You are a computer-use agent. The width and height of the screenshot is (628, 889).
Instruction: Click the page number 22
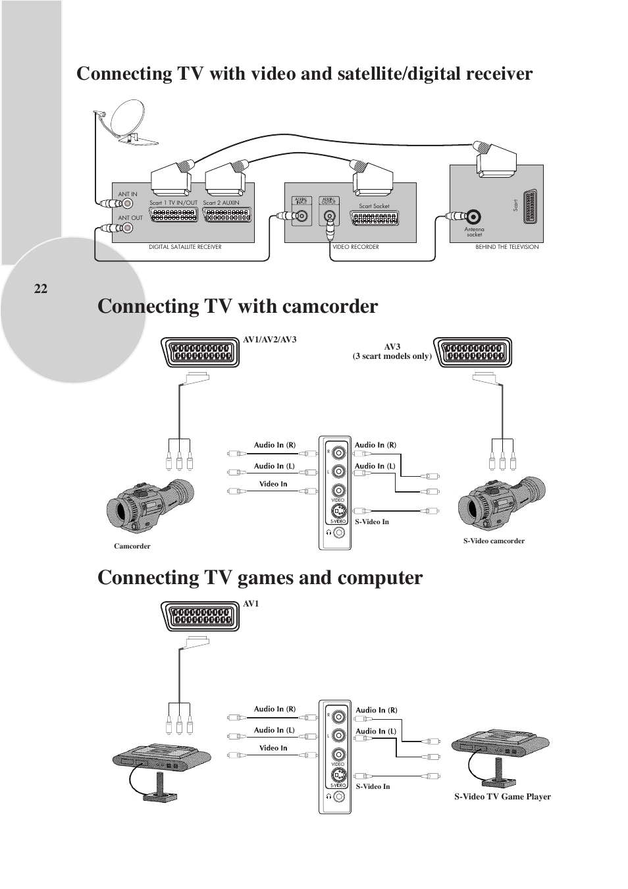tap(41, 288)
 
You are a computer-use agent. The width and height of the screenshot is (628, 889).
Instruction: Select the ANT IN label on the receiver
tap(128, 194)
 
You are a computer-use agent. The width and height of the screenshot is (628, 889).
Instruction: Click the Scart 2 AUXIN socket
tap(227, 215)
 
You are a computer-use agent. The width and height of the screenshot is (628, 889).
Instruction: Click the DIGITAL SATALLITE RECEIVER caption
tap(185, 247)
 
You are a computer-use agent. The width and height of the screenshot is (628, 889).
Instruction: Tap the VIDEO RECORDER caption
tap(355, 247)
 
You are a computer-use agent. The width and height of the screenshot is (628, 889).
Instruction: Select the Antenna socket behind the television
tap(475, 216)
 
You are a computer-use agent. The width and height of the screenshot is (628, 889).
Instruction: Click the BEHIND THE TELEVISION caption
tap(507, 247)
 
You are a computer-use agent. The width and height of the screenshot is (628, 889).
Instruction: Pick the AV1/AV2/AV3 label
tap(270, 340)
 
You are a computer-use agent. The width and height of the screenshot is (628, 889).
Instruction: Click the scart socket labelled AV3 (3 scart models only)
tap(472, 353)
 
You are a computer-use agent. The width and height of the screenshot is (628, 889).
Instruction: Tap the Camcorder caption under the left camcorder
tap(132, 546)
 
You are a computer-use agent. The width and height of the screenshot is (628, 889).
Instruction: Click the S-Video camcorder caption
tap(494, 541)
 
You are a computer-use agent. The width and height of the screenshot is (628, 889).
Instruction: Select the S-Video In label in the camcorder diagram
tap(372, 522)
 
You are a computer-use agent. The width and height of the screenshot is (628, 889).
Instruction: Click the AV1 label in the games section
tap(251, 603)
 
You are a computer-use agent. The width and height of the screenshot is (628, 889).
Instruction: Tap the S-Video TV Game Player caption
tap(502, 797)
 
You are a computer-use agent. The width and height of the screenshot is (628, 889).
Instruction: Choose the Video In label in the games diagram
tap(273, 748)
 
